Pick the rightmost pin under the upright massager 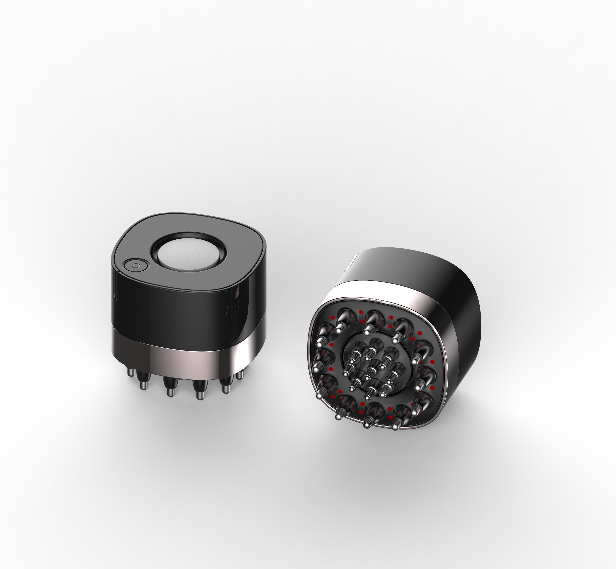(x=240, y=375)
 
